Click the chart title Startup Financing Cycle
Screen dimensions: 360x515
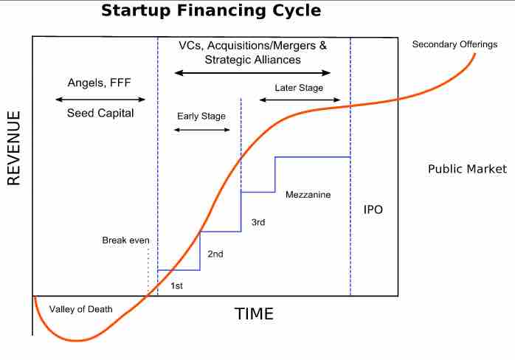tap(211, 11)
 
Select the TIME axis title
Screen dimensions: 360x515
tap(254, 314)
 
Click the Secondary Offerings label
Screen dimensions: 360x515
tap(454, 44)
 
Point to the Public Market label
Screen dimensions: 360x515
tap(467, 169)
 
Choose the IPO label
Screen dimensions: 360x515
tap(373, 210)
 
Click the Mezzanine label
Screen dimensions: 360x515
tap(308, 195)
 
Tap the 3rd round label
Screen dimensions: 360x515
tap(258, 222)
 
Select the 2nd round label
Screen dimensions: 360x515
tap(215, 254)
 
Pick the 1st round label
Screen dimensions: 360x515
tap(177, 285)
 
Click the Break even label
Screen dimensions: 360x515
tap(125, 240)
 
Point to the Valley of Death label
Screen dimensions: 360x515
tap(81, 309)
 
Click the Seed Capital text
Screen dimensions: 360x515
tap(100, 114)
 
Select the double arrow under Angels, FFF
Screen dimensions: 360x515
tap(100, 99)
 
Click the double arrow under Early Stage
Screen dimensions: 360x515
tap(201, 130)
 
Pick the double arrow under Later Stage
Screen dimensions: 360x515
tap(300, 100)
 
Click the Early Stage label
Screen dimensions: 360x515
tap(201, 116)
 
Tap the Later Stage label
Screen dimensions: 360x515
tap(300, 87)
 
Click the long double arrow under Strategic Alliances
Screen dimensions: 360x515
tap(252, 73)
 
